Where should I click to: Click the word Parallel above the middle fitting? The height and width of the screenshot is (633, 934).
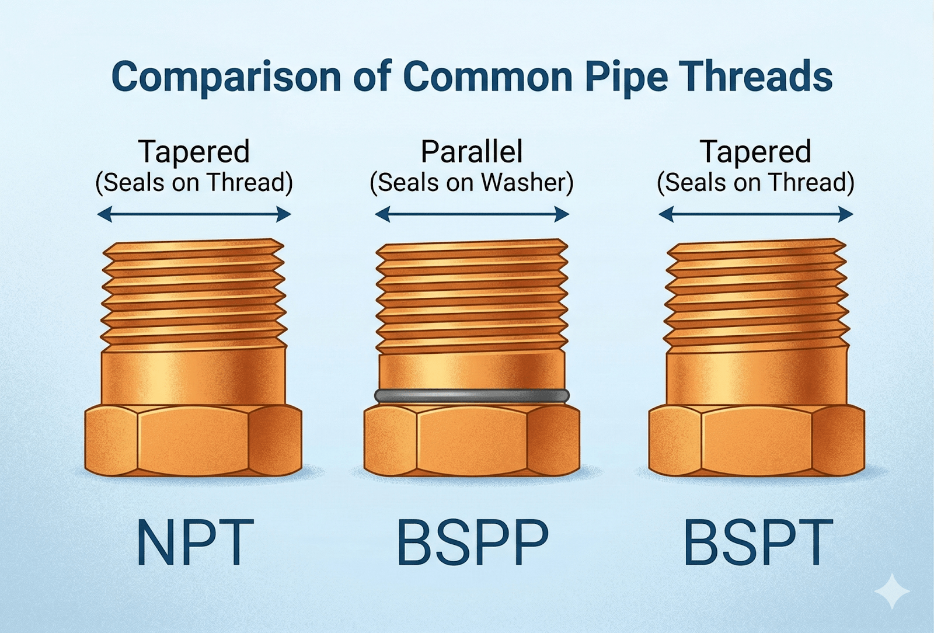pos(472,152)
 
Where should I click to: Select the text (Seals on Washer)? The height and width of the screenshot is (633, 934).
pos(472,183)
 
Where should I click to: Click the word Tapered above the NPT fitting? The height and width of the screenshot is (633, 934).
pos(194,152)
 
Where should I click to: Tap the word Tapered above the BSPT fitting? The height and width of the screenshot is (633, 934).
pos(755,152)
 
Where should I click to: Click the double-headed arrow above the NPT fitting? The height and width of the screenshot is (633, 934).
pos(194,215)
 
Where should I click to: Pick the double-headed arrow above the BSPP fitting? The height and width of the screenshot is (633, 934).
pos(472,215)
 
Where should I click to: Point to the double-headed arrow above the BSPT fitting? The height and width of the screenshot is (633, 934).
pos(755,215)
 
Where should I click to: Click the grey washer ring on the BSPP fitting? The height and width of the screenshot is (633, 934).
pos(472,396)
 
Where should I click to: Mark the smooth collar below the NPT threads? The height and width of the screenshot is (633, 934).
pos(193,376)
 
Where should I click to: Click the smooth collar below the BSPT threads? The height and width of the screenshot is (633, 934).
pos(757,376)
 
